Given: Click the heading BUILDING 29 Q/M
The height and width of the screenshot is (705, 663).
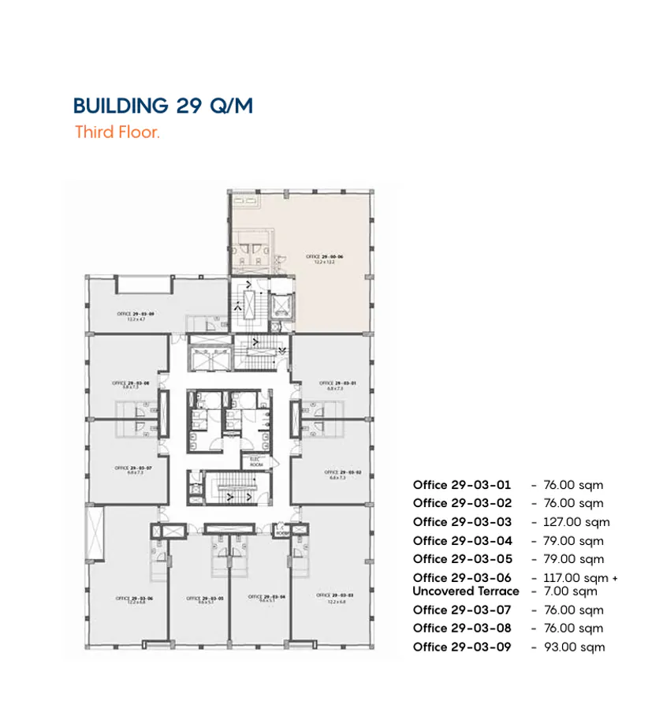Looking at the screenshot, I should click(x=162, y=106).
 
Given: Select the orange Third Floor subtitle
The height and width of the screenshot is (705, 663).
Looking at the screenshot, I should click(x=117, y=132).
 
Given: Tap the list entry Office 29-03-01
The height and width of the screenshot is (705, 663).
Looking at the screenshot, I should click(x=462, y=485).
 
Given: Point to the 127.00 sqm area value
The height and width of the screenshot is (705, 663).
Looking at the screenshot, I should click(x=575, y=522).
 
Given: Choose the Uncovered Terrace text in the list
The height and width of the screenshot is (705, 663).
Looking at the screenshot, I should click(x=465, y=591).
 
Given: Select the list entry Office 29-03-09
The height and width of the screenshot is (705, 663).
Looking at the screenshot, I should click(x=462, y=647).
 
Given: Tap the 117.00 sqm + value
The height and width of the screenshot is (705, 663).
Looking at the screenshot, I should click(x=580, y=578).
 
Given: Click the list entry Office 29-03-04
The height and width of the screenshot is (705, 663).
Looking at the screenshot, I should click(x=462, y=541).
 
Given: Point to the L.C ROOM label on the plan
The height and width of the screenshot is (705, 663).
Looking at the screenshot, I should click(x=282, y=531).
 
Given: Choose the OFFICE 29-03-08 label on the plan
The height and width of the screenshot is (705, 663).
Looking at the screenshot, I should click(x=131, y=385).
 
